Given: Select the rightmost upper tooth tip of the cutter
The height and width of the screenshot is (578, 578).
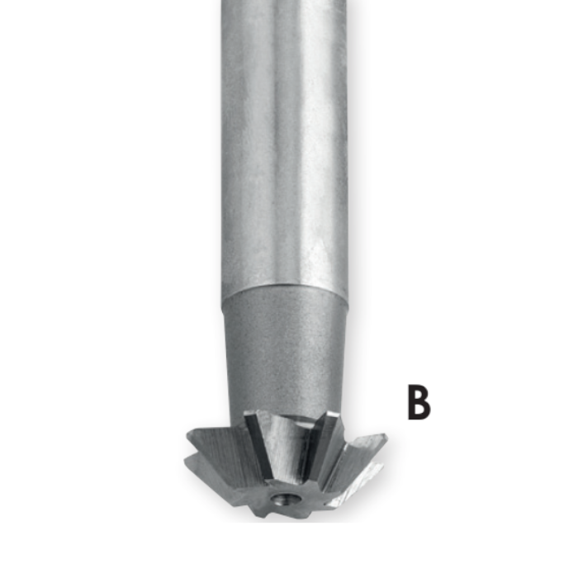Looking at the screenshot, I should point(386,437).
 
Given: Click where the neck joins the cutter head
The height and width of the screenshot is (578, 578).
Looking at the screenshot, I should point(285,410).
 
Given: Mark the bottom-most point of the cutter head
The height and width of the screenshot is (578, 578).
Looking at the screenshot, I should point(285,519).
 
